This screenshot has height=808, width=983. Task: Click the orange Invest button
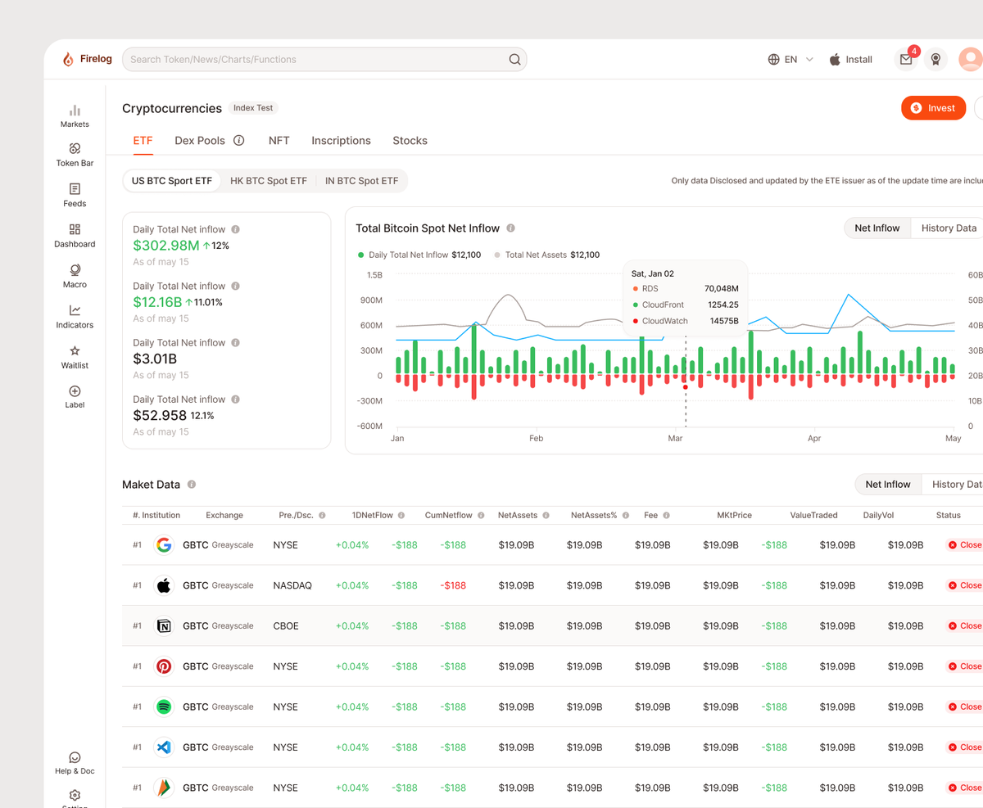[x=933, y=108]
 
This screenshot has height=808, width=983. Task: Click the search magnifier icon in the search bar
[x=514, y=59]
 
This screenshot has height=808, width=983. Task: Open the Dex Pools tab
[x=200, y=141]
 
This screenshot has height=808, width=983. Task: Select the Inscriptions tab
[x=341, y=141]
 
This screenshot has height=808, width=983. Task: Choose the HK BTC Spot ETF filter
[x=269, y=181]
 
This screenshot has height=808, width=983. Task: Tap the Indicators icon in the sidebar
[x=75, y=310]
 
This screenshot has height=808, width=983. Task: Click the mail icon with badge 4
[x=906, y=59]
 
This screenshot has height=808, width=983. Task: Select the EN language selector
[x=790, y=60]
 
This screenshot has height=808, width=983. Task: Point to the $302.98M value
[x=166, y=246]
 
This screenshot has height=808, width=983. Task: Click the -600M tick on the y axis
[x=369, y=426]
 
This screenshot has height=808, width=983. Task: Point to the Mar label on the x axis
[x=675, y=439]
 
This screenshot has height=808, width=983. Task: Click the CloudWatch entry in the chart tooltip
[x=664, y=321]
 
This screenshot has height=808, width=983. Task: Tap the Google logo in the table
[x=164, y=545]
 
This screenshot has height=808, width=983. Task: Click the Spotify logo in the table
[x=164, y=706]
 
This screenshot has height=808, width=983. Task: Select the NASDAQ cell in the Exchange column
[x=292, y=585]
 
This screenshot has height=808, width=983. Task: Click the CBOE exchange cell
[x=286, y=625]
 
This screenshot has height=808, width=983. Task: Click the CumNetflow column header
[x=449, y=516]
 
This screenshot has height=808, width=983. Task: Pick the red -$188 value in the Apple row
[x=453, y=585]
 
